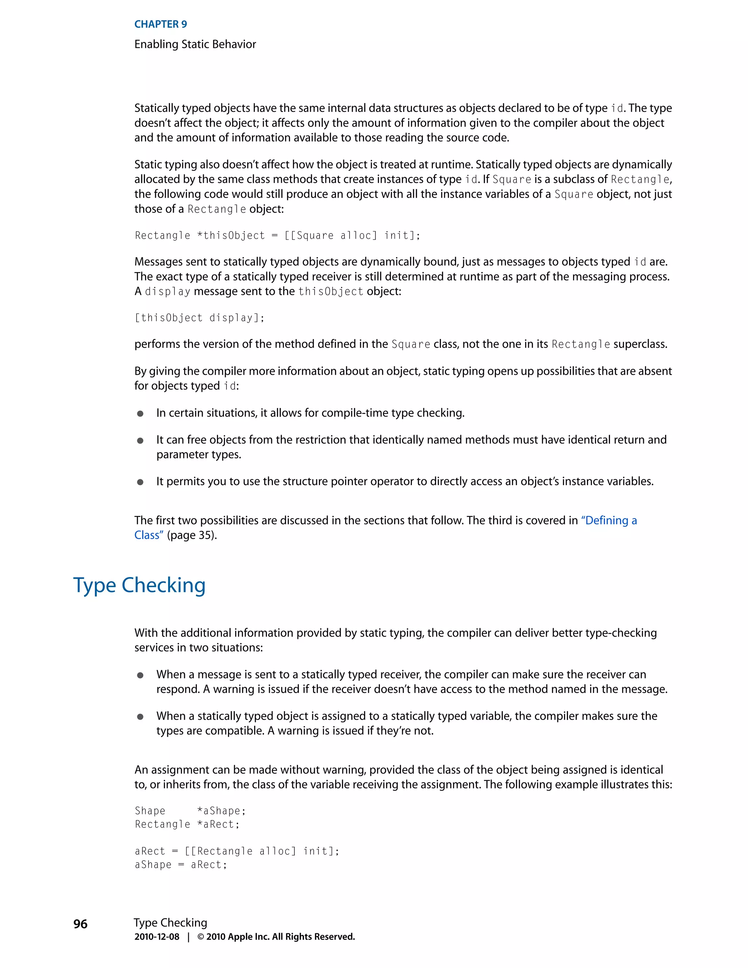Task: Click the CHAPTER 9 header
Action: pyautogui.click(x=160, y=24)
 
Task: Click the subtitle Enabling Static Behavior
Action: pyautogui.click(x=195, y=44)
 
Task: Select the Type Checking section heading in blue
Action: pyautogui.click(x=139, y=585)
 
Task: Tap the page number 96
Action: pyautogui.click(x=80, y=924)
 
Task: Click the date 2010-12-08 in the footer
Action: pyautogui.click(x=157, y=937)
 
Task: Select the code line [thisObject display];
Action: pyautogui.click(x=199, y=318)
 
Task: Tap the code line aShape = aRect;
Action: pyautogui.click(x=181, y=864)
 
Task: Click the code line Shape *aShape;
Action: pyautogui.click(x=190, y=811)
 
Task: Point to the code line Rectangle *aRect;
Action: pyautogui.click(x=187, y=824)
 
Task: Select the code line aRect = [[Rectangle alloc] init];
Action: pyautogui.click(x=237, y=851)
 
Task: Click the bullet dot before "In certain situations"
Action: pyautogui.click(x=140, y=414)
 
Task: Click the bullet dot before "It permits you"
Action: pyautogui.click(x=140, y=482)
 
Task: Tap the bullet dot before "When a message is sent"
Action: pyautogui.click(x=140, y=675)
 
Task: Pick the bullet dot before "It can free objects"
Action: pyautogui.click(x=140, y=441)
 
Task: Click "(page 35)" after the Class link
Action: pyautogui.click(x=192, y=536)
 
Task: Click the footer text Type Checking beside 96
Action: pyautogui.click(x=171, y=923)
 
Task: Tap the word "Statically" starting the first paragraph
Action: pyautogui.click(x=156, y=108)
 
